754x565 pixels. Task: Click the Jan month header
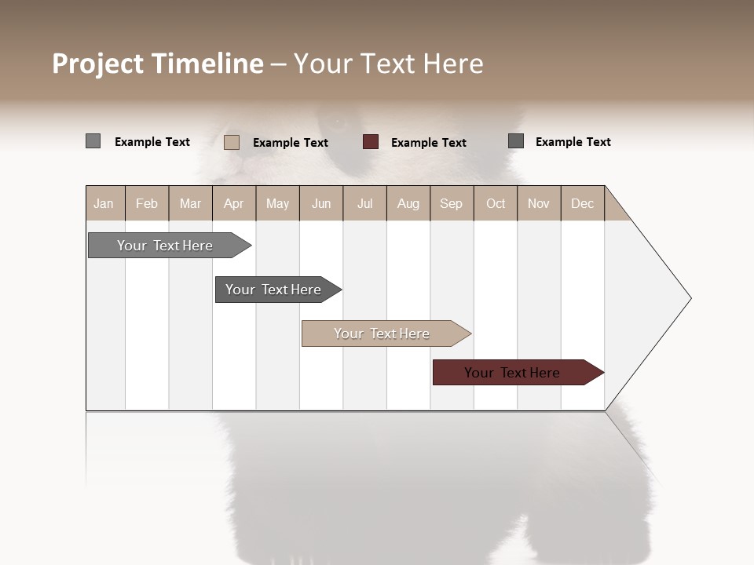coord(104,204)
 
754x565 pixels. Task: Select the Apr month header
coord(233,204)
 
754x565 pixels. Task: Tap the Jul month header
coord(364,204)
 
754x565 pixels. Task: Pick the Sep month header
coord(451,204)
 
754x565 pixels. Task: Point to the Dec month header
coord(582,204)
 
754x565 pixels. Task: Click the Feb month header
coord(147,204)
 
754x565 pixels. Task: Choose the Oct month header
coord(496,204)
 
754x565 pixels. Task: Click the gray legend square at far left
coord(93,141)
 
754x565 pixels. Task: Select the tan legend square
coord(231,142)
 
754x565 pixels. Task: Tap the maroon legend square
coord(371,142)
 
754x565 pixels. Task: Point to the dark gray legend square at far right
coord(516,141)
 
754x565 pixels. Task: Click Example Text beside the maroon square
coord(429,143)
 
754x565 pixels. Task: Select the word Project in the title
coord(98,64)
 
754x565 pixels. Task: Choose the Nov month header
coord(539,204)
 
